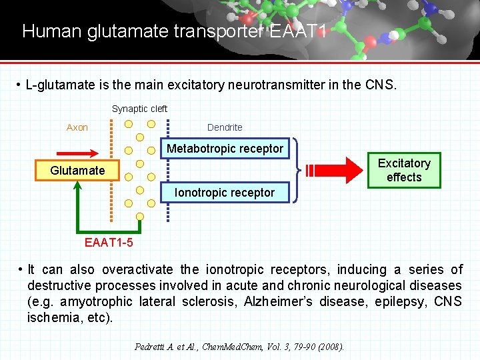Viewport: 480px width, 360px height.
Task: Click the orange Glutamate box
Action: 77,171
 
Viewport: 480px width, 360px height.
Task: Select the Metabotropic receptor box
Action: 225,148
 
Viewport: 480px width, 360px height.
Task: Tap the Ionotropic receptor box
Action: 225,193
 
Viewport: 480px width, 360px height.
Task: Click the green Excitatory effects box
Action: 404,170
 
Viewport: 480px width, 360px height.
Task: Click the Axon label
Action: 77,127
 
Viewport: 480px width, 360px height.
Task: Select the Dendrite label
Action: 225,127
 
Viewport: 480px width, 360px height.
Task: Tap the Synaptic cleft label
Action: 139,109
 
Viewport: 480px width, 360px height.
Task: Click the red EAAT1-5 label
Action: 109,242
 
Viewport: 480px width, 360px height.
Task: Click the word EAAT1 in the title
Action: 296,31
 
